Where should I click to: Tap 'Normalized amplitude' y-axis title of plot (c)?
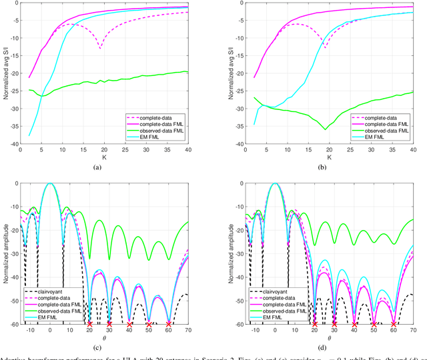pos(6,254)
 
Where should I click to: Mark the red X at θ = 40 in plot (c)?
pos(129,323)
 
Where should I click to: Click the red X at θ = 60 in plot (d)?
pos(393,323)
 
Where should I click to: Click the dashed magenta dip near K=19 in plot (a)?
pos(100,48)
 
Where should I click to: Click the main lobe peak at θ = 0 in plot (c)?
pos(50,183)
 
